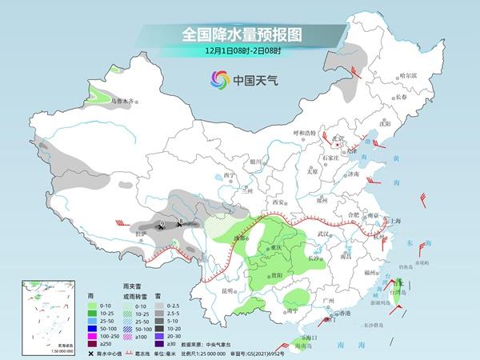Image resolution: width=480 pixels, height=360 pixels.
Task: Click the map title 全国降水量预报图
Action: click(x=239, y=34)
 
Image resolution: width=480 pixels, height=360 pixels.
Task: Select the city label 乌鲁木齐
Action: click(x=125, y=102)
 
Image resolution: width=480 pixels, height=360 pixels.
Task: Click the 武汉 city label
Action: click(x=323, y=233)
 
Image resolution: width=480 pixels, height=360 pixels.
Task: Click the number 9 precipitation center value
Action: click(x=162, y=223)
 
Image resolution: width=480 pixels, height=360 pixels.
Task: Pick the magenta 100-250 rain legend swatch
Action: click(x=93, y=330)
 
